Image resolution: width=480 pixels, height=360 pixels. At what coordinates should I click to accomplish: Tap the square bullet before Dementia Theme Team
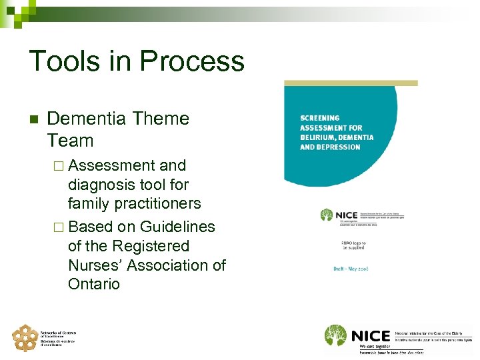[33, 120]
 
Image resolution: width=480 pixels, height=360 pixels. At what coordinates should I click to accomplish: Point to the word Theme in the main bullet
[161, 119]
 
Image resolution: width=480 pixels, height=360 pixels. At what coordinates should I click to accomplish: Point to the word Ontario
[94, 284]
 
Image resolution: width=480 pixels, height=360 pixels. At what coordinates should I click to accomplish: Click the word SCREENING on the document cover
[320, 118]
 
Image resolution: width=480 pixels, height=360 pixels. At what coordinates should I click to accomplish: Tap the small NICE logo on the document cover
[339, 215]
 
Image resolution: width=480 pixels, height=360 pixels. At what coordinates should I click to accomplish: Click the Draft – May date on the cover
[351, 269]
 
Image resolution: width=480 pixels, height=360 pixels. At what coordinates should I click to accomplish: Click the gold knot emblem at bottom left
[25, 338]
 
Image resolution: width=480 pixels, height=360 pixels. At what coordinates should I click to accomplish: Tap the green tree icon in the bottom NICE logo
[336, 335]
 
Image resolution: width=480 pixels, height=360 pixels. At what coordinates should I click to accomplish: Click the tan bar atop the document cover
[351, 83]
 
